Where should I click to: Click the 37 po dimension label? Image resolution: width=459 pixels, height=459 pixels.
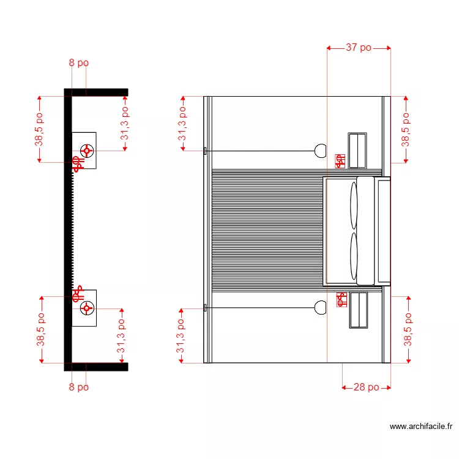[358, 47]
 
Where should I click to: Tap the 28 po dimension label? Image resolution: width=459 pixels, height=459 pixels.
[366, 387]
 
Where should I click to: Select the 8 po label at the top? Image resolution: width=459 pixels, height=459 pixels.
[79, 62]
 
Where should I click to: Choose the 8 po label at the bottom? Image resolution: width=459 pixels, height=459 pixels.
[79, 387]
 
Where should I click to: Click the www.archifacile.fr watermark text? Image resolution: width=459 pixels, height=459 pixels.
[421, 427]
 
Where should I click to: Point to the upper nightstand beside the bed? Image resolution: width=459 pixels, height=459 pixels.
[357, 151]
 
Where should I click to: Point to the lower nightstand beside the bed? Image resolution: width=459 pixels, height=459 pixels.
[359, 310]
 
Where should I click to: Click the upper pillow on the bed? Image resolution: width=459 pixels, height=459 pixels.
[354, 206]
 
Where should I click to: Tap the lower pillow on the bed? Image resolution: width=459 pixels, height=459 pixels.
[354, 256]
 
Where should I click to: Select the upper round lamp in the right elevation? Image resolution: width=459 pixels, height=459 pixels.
[321, 151]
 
